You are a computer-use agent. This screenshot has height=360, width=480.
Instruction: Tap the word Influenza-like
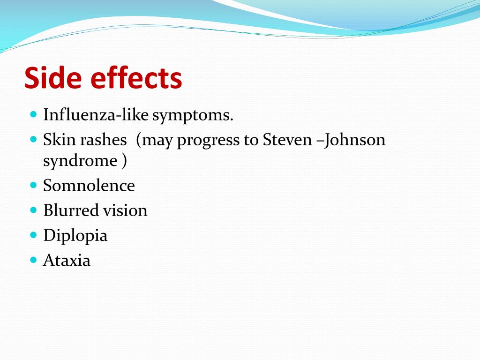pyautogui.click(x=96, y=115)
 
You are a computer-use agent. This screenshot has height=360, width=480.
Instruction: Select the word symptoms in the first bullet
pyautogui.click(x=192, y=116)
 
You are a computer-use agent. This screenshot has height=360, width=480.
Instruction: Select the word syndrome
pyautogui.click(x=80, y=161)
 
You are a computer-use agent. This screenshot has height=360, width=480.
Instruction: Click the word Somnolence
pyautogui.click(x=89, y=186)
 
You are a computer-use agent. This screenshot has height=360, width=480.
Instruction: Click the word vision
pyautogui.click(x=125, y=210)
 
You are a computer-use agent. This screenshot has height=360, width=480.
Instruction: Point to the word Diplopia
pyautogui.click(x=75, y=236)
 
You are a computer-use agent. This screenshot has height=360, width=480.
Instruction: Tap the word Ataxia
pyautogui.click(x=67, y=260)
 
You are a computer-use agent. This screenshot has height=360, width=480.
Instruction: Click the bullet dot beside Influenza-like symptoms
pyautogui.click(x=33, y=114)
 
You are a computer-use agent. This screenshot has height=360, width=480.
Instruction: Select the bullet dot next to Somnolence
pyautogui.click(x=33, y=185)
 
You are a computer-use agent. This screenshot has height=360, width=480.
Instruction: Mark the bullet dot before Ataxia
pyautogui.click(x=33, y=259)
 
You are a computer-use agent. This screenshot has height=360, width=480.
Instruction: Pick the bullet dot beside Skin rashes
pyautogui.click(x=33, y=139)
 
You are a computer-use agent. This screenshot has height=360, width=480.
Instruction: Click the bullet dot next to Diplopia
pyautogui.click(x=33, y=234)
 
